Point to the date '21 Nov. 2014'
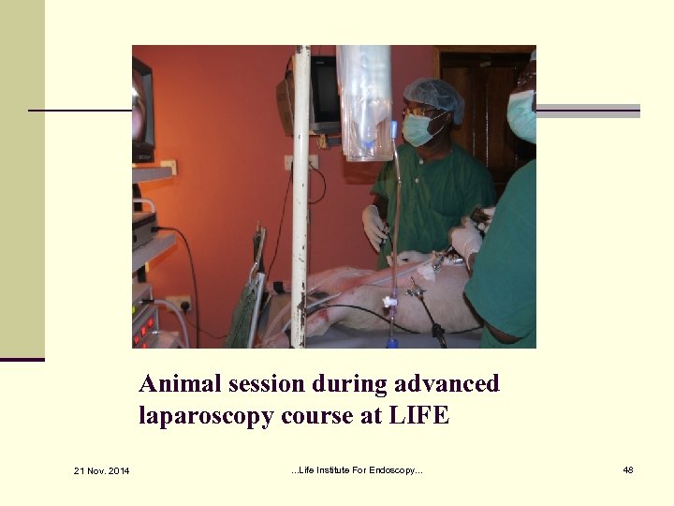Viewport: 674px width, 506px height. (101, 469)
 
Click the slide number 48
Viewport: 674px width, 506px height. (628, 469)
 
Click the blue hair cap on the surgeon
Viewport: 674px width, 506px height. (434, 94)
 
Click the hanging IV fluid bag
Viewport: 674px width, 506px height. (365, 98)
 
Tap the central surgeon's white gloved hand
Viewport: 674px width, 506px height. (374, 228)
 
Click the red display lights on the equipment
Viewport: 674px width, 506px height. (143, 328)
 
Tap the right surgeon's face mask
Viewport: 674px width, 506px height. (522, 117)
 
